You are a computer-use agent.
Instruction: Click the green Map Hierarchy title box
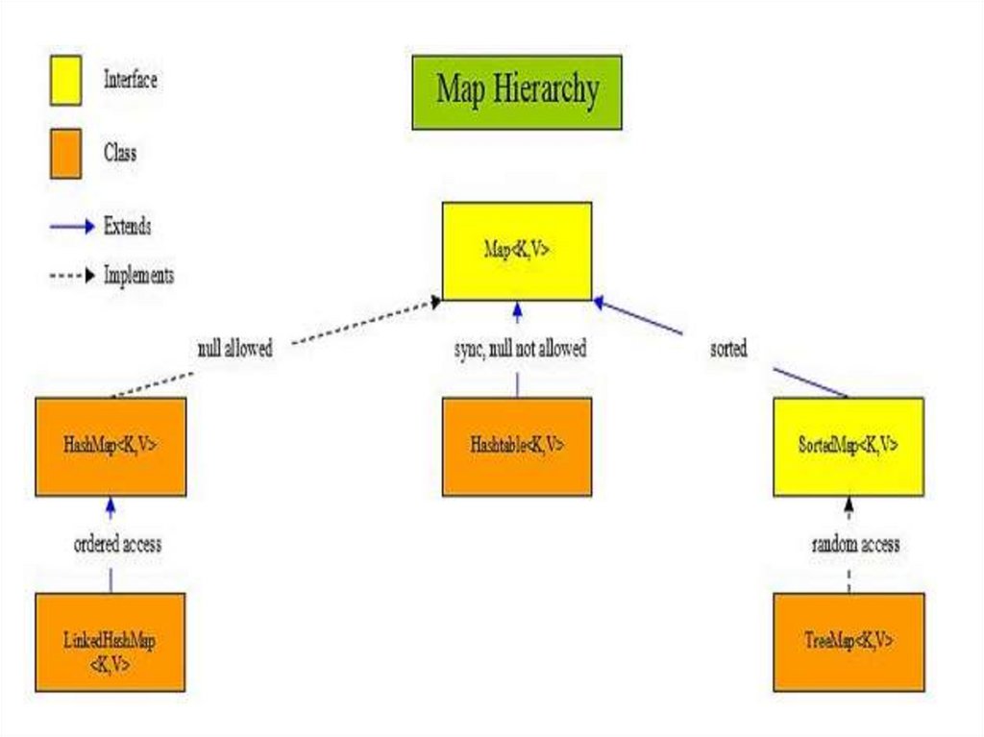(x=517, y=92)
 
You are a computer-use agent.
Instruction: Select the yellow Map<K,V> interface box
(x=517, y=251)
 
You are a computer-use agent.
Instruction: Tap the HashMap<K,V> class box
(x=111, y=446)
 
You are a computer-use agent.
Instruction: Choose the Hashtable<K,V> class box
(x=517, y=446)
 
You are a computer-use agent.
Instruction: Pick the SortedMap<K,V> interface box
(x=849, y=446)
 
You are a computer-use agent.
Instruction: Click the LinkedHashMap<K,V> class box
(x=111, y=642)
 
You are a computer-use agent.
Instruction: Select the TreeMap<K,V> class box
(x=849, y=642)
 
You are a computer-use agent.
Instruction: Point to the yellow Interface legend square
(x=65, y=80)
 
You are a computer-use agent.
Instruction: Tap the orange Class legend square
(x=65, y=154)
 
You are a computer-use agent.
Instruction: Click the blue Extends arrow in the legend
(x=73, y=228)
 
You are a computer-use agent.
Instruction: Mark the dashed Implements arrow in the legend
(x=73, y=276)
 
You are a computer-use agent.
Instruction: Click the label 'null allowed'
(x=234, y=350)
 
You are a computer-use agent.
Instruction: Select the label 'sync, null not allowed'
(x=520, y=350)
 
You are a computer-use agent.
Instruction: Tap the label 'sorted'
(x=727, y=350)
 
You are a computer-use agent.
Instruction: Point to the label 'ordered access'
(x=118, y=544)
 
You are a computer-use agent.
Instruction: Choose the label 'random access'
(x=855, y=544)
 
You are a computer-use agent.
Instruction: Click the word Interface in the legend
(x=130, y=80)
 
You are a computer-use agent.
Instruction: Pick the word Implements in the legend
(x=138, y=276)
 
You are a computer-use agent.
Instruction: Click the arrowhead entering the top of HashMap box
(x=111, y=504)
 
